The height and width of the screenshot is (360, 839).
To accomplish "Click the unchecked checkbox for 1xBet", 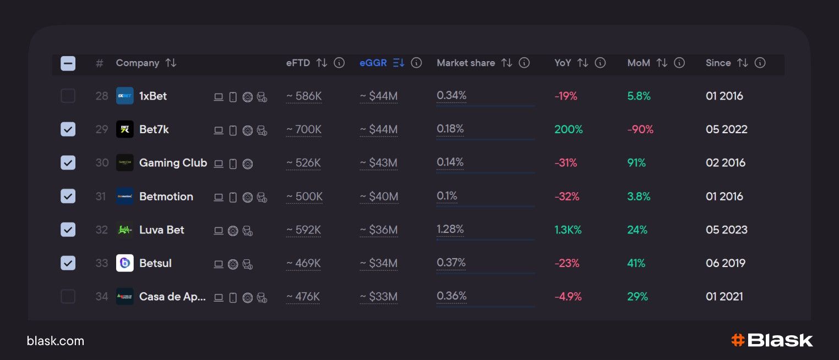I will point(68,96).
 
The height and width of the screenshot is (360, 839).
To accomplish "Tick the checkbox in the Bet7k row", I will point(68,129).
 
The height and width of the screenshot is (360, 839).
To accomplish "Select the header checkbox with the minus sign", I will point(68,63).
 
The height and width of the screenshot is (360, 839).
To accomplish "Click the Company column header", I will point(138,63).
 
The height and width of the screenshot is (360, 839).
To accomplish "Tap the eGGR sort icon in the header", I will point(399,63).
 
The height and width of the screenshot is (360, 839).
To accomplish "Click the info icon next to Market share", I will point(524,63).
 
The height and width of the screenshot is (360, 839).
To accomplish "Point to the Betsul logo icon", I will point(125,263).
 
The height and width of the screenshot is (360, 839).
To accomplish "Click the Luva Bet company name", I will point(162,230).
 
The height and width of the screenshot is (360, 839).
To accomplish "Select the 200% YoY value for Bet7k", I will point(569,129).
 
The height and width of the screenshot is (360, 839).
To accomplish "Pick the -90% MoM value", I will point(640,129).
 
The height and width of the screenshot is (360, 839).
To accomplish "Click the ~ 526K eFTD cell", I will point(304,163).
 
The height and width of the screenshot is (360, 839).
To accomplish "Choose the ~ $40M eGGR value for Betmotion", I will point(379,197).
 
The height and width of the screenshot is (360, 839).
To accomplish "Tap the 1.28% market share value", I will point(450,229).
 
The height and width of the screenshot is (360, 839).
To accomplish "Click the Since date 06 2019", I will point(726,263).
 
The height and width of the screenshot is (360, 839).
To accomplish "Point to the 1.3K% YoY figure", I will point(568,230).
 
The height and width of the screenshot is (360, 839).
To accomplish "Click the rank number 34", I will point(102,297).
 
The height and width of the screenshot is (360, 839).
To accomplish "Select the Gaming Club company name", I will point(173,163).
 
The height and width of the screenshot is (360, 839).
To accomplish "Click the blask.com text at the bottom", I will point(56,341).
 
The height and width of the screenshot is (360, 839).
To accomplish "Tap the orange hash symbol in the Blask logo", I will point(738,340).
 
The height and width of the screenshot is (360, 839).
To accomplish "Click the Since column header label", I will point(718,63).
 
